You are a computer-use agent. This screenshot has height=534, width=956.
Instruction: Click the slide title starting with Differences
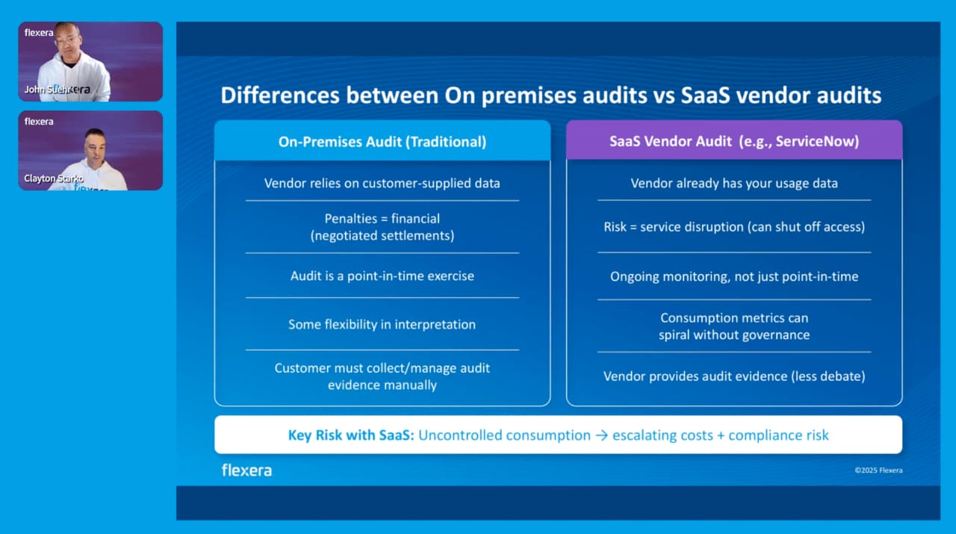click(x=550, y=96)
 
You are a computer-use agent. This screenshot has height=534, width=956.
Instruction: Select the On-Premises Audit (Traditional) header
click(x=382, y=141)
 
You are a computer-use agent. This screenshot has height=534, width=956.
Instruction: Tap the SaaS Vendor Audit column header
click(x=733, y=141)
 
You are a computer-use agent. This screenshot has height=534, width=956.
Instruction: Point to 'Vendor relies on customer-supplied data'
click(x=382, y=183)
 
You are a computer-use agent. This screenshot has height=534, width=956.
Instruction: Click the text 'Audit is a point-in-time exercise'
click(x=382, y=276)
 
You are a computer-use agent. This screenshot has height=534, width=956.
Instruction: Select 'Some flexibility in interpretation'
click(x=382, y=324)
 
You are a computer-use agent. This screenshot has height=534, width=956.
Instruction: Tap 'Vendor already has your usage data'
click(x=733, y=183)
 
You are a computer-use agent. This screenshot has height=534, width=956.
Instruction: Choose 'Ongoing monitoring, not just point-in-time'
click(x=733, y=276)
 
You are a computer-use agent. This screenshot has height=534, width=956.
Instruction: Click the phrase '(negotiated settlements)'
click(x=382, y=235)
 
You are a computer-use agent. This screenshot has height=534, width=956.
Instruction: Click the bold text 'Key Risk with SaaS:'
click(x=350, y=435)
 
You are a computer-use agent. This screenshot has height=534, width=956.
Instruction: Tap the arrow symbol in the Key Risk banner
click(x=600, y=435)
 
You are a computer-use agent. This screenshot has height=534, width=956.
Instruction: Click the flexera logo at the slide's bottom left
click(x=246, y=470)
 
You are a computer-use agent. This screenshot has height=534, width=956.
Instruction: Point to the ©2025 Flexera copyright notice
click(x=878, y=471)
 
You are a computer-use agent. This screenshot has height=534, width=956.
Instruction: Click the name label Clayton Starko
click(x=54, y=178)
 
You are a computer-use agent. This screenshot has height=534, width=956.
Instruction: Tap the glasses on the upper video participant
click(x=66, y=40)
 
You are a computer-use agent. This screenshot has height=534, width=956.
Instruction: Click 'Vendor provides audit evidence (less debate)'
click(x=733, y=376)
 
